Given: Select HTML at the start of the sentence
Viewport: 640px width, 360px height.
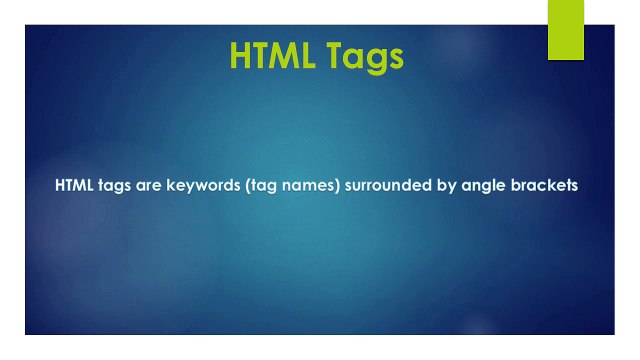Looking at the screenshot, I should point(75,185).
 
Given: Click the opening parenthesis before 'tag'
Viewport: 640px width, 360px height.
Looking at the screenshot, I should point(246,186).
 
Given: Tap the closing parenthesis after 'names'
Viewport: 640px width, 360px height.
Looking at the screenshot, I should point(334,186).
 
